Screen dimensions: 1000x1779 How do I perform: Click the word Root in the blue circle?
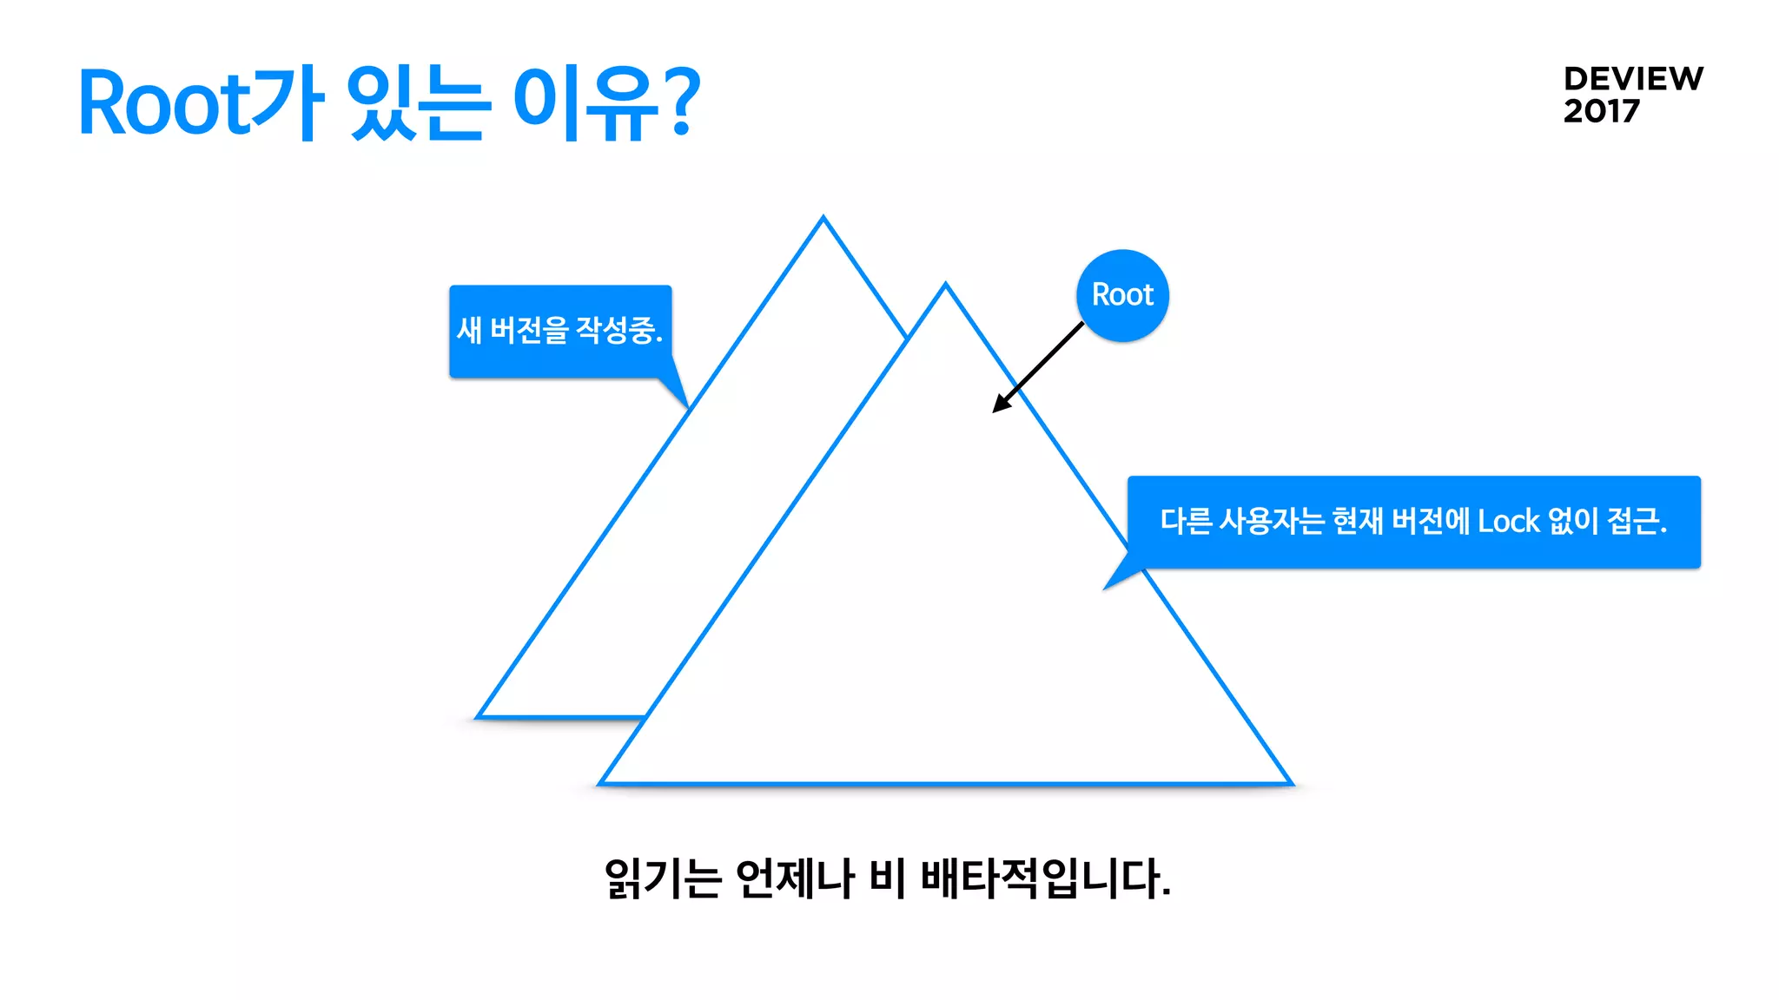point(1122,295)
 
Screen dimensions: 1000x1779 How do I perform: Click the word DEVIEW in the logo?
point(1633,79)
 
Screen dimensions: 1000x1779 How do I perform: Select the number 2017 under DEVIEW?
point(1601,111)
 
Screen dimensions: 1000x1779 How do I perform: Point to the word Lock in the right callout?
point(1508,522)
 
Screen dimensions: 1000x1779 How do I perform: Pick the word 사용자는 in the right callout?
point(1271,522)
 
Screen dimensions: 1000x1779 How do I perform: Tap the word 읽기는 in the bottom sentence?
point(663,878)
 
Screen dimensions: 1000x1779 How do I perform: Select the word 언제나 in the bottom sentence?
point(794,878)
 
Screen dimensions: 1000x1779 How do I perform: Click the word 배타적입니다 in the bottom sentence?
point(1043,878)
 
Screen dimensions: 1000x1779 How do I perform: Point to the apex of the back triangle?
point(823,218)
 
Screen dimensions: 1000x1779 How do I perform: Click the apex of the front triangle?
point(945,285)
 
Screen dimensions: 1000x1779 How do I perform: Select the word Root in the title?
point(164,104)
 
